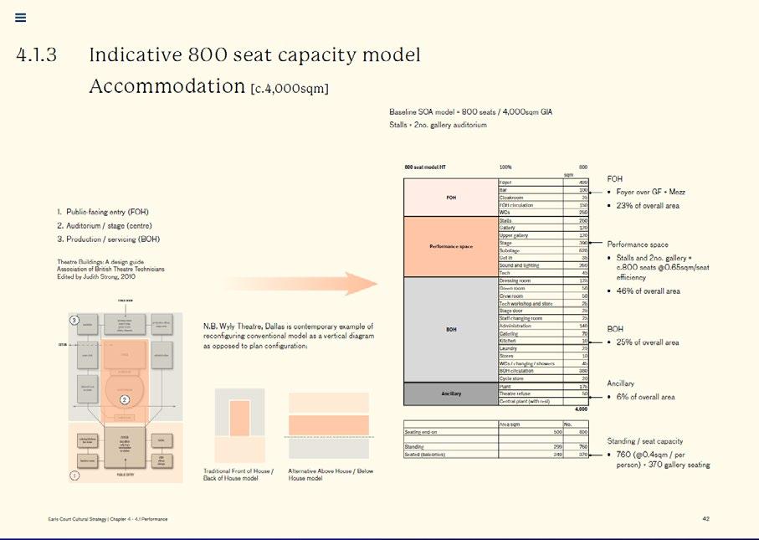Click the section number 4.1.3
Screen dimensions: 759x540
point(36,56)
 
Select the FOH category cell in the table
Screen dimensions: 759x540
point(450,198)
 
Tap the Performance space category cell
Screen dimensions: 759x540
point(450,247)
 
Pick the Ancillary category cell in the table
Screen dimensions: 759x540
point(450,393)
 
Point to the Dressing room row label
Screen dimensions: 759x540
point(515,280)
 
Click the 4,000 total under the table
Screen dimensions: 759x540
point(580,409)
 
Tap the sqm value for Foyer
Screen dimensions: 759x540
point(582,182)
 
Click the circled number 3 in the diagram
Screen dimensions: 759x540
point(74,321)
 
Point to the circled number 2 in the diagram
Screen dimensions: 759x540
point(124,399)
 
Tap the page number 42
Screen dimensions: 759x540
point(705,519)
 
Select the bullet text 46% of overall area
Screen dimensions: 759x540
point(648,291)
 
